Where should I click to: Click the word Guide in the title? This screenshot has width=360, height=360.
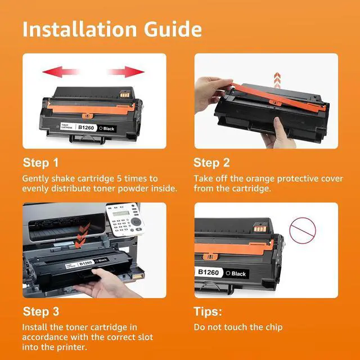point(173,29)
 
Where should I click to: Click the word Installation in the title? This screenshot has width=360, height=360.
point(80,29)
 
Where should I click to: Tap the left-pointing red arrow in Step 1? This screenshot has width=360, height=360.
point(61,71)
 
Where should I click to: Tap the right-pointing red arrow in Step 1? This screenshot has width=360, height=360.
point(126,71)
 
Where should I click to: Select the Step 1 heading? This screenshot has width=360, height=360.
point(40,163)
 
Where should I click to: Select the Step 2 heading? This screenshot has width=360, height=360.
point(211,163)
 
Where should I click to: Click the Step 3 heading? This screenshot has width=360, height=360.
point(41,312)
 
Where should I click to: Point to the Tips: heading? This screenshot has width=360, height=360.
point(208,312)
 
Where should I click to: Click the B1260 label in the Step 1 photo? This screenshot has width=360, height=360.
point(86,128)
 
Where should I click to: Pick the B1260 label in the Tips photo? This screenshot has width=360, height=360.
point(208,272)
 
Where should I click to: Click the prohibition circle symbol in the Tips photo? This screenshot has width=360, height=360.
point(303,231)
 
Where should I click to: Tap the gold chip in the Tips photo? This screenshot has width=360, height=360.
point(260,229)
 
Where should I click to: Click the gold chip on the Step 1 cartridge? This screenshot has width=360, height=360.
point(125,94)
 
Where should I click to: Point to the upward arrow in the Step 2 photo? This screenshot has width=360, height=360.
point(277,80)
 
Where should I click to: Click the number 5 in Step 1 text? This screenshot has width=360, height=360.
point(119,178)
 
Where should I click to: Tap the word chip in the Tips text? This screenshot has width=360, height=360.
point(274,327)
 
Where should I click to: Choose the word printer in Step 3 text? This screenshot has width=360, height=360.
point(72,347)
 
